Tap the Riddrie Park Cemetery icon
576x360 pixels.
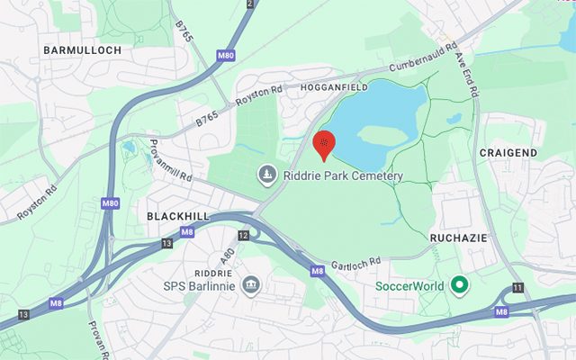click(267, 174)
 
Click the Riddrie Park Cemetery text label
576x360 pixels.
click(343, 175)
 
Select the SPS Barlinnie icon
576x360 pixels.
click(251, 286)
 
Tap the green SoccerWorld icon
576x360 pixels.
click(461, 286)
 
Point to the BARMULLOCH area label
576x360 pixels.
click(81, 50)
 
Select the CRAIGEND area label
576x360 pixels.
click(508, 153)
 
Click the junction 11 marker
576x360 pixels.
click(518, 287)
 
